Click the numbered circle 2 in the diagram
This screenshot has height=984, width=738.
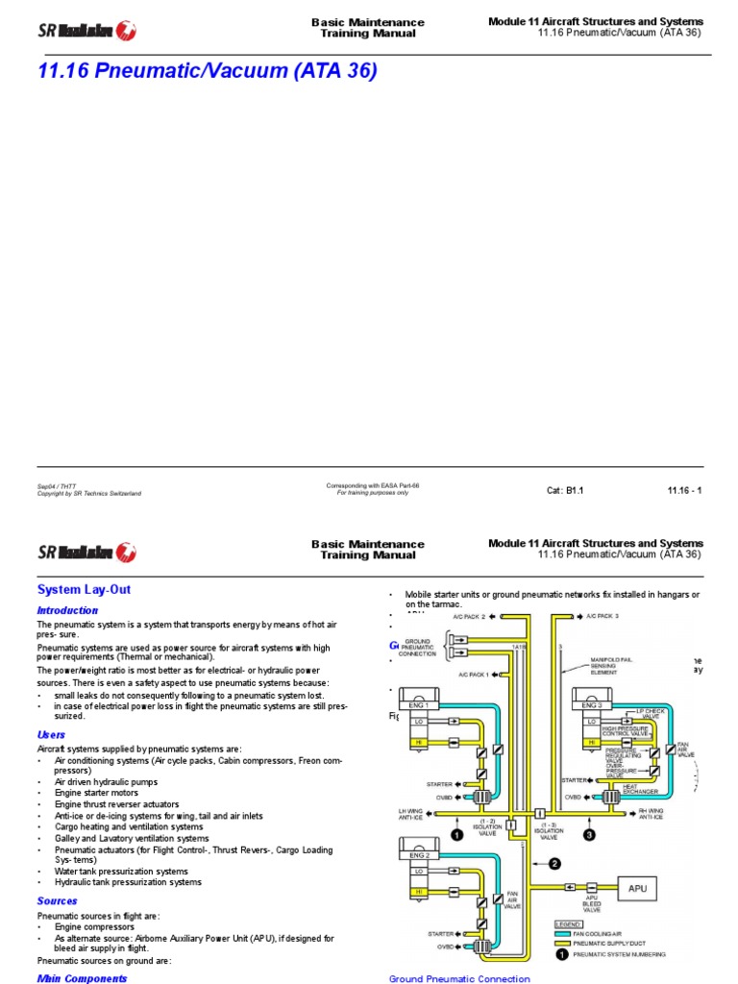pyautogui.click(x=553, y=863)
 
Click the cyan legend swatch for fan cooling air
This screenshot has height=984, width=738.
pyautogui.click(x=564, y=932)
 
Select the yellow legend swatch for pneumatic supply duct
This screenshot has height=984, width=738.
pyautogui.click(x=564, y=943)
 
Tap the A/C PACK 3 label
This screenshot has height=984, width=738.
pyautogui.click(x=603, y=615)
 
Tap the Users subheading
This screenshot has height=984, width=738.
pyautogui.click(x=51, y=734)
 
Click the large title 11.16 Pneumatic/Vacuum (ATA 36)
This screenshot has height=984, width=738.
pyautogui.click(x=207, y=71)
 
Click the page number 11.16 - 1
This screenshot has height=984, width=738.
pyautogui.click(x=684, y=490)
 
